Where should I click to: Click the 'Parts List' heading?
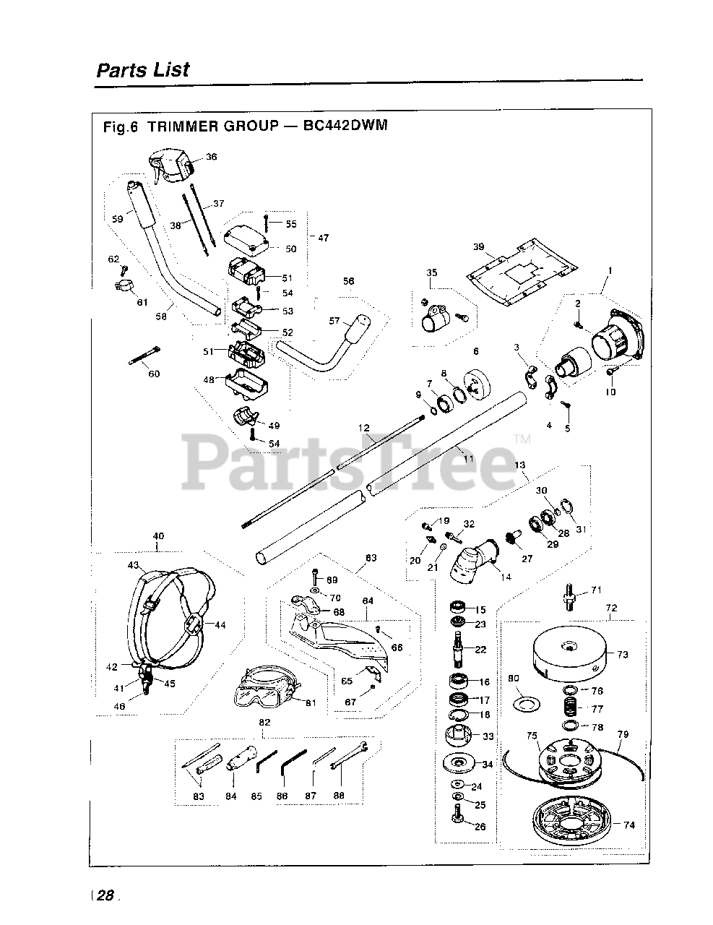[x=142, y=70]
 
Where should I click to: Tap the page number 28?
[x=105, y=895]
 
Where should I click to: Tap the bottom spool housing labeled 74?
[x=571, y=817]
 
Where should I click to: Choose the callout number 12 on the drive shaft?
[x=363, y=429]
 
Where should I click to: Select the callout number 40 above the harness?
[x=158, y=535]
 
